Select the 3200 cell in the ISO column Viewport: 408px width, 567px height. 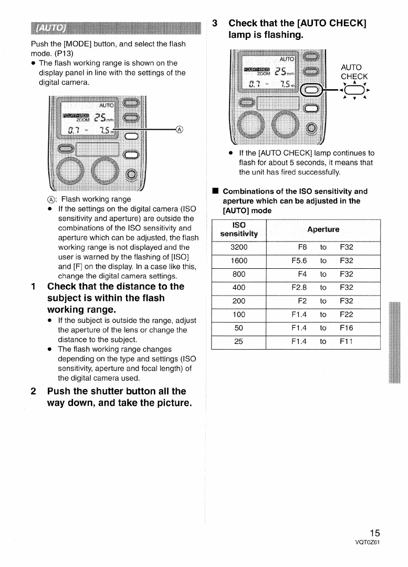tap(239, 247)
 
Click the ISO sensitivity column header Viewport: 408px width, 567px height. tap(239, 229)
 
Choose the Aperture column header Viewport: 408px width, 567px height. tap(323, 229)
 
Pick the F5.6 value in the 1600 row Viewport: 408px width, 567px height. tap(299, 261)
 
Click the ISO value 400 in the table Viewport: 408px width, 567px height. tap(239, 288)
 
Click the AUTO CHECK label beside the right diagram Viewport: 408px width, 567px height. tap(354, 72)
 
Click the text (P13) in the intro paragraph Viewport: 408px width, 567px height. tap(62, 54)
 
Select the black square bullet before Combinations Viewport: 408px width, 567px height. tap(215, 192)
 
